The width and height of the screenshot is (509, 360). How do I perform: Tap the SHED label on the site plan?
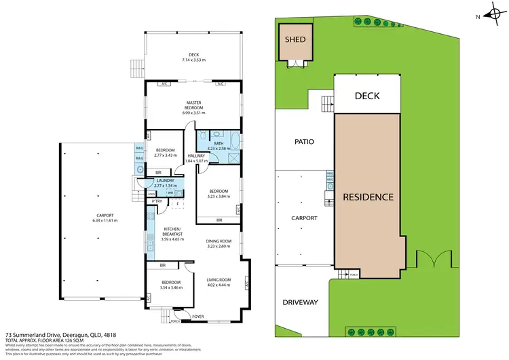click(x=294, y=39)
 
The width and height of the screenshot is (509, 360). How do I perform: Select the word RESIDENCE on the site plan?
click(x=368, y=197)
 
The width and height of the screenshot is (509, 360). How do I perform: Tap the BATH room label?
click(x=219, y=143)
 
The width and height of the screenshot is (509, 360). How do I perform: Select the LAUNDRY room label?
click(x=165, y=180)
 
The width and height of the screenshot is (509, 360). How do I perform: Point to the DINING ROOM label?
click(x=219, y=241)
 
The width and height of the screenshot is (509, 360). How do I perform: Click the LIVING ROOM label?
click(x=219, y=279)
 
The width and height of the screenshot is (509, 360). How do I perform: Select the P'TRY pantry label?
click(x=157, y=201)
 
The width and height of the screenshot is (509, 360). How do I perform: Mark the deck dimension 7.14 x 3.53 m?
click(x=193, y=60)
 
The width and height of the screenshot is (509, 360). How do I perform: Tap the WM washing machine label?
click(x=169, y=193)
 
